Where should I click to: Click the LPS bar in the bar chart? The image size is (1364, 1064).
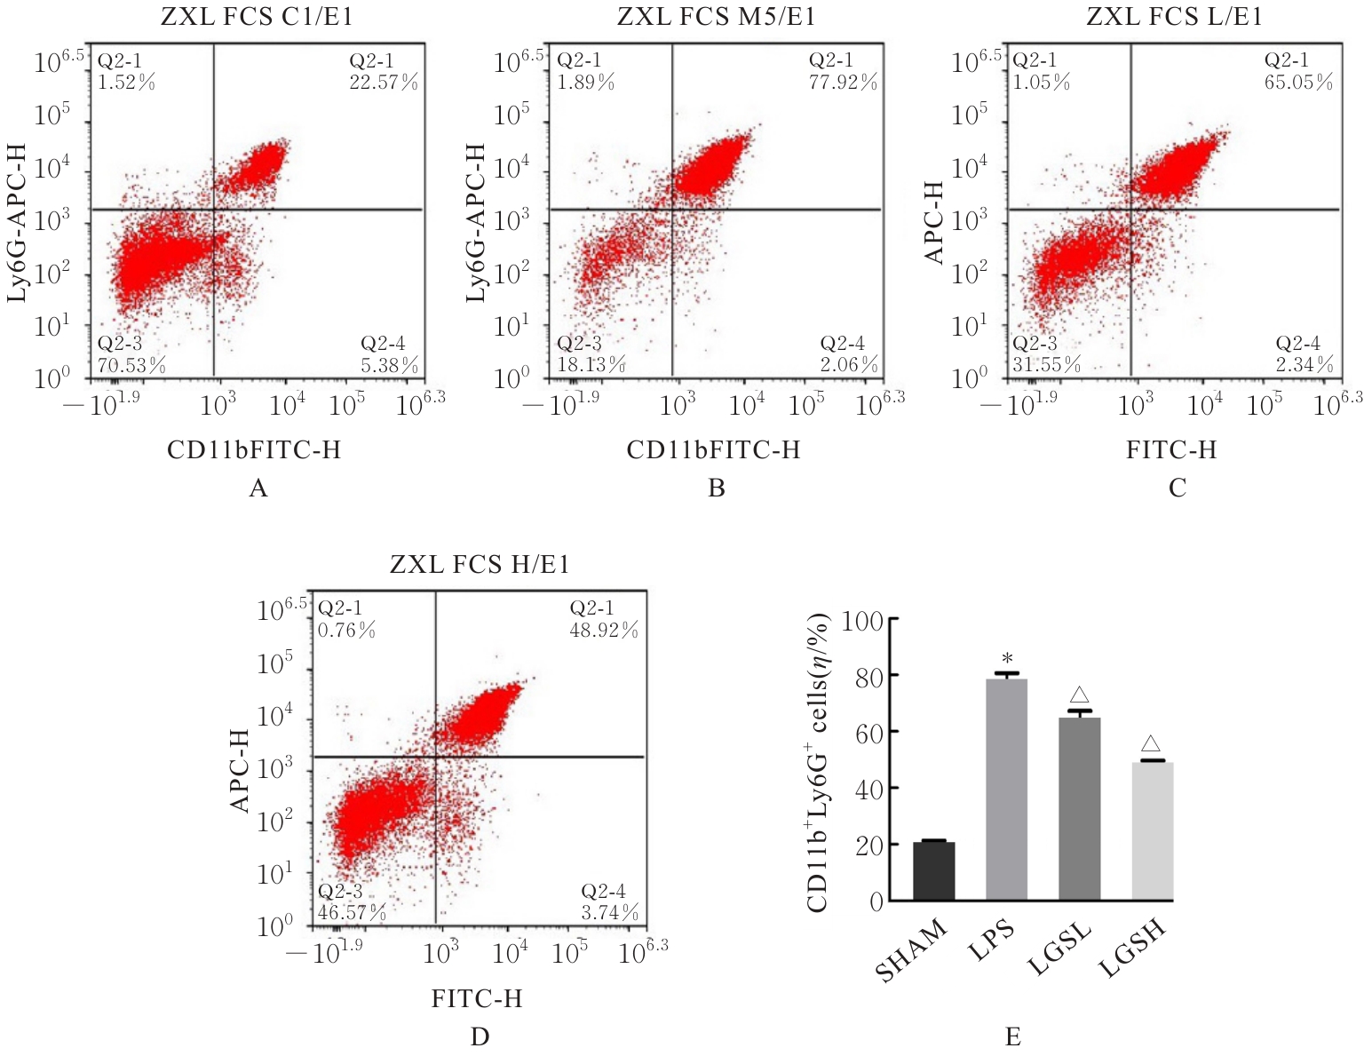tap(1006, 790)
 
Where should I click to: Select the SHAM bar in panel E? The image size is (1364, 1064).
tap(933, 870)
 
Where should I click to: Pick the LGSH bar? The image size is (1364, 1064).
tap(1153, 830)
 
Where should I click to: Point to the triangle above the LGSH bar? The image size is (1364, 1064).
tap(1151, 744)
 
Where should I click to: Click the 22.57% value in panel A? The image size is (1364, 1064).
tap(383, 83)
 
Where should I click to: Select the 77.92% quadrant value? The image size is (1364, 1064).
tap(843, 83)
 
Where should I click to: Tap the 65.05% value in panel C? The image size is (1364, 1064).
tap(1298, 83)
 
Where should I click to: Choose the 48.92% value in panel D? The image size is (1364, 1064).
tap(604, 631)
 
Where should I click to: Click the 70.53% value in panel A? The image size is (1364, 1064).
tap(131, 365)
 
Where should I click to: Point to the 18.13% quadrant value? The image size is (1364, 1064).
tap(591, 365)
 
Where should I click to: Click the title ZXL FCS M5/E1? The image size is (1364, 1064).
tap(716, 17)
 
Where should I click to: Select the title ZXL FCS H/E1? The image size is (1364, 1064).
tap(480, 564)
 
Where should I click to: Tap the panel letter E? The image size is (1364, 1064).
tap(1013, 1037)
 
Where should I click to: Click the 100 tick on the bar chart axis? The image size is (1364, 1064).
tap(861, 621)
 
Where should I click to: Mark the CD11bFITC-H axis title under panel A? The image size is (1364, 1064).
tap(254, 450)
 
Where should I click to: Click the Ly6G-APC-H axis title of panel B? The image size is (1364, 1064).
tap(477, 222)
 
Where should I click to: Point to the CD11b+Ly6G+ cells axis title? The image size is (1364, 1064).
tap(818, 762)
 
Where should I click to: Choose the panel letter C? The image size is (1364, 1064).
tap(1178, 488)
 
